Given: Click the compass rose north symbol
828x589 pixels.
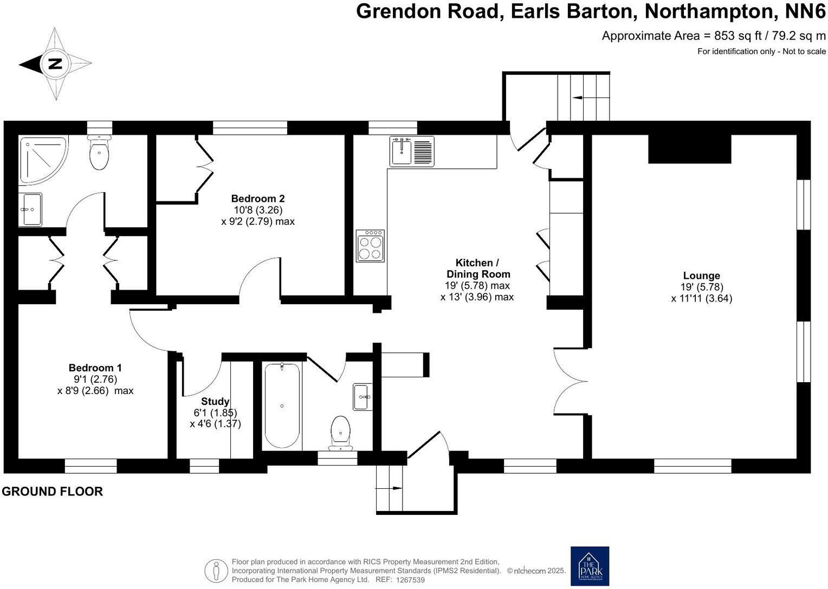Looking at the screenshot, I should pyautogui.click(x=55, y=64).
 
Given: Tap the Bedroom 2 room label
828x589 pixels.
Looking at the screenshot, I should pyautogui.click(x=257, y=199).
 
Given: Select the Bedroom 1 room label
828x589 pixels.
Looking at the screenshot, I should pyautogui.click(x=95, y=368).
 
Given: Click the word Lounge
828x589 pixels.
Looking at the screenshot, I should pyautogui.click(x=701, y=276).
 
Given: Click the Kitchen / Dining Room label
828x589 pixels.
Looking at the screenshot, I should pyautogui.click(x=477, y=269).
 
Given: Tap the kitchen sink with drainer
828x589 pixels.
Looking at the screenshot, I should pyautogui.click(x=412, y=151).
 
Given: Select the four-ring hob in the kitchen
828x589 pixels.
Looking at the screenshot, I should pyautogui.click(x=370, y=246).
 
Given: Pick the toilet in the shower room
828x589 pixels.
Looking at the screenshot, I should pyautogui.click(x=99, y=152).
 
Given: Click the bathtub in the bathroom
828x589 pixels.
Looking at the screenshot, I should pyautogui.click(x=282, y=405).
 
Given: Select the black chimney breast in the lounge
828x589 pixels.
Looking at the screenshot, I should pyautogui.click(x=690, y=148).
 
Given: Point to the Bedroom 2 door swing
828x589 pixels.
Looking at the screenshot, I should pyautogui.click(x=259, y=278).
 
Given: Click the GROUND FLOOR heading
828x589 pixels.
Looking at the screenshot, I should pyautogui.click(x=52, y=492).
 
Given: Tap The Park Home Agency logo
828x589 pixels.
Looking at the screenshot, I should pyautogui.click(x=590, y=566).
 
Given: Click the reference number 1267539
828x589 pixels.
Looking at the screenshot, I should pyautogui.click(x=410, y=580).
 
